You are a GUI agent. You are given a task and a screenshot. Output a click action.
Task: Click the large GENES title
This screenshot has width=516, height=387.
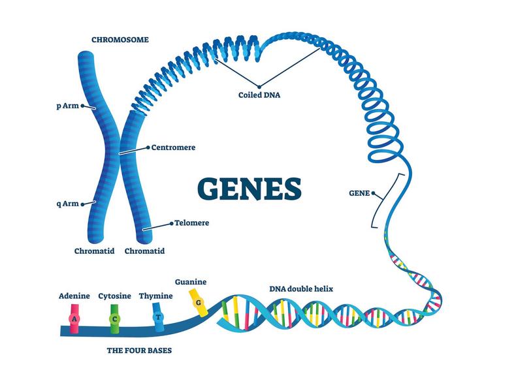point(250,188)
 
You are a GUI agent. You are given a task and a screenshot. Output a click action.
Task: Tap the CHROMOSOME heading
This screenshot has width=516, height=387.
point(120,40)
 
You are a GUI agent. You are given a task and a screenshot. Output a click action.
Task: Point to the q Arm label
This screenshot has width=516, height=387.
point(68,204)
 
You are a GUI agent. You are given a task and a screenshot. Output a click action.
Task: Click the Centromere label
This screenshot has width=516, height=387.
point(173,147)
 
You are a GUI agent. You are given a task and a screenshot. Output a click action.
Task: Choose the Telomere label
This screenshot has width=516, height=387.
point(191,223)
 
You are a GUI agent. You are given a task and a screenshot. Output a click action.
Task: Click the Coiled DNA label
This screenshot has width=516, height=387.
point(259,95)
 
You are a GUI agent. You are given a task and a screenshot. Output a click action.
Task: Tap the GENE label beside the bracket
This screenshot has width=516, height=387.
point(359,193)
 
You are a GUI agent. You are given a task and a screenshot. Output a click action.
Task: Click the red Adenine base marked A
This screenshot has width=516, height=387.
point(74,317)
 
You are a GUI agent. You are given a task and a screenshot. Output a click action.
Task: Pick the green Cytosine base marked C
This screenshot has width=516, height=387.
point(115,317)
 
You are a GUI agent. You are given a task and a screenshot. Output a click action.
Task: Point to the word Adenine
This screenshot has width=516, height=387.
point(74,296)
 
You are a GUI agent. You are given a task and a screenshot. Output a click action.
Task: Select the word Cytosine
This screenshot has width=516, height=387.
point(115,296)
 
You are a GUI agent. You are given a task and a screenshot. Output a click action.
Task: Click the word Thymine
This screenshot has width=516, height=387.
point(156,296)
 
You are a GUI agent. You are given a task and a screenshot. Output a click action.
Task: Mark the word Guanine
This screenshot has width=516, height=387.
point(191,282)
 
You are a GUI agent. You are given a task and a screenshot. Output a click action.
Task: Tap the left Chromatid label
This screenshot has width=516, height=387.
point(95,251)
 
